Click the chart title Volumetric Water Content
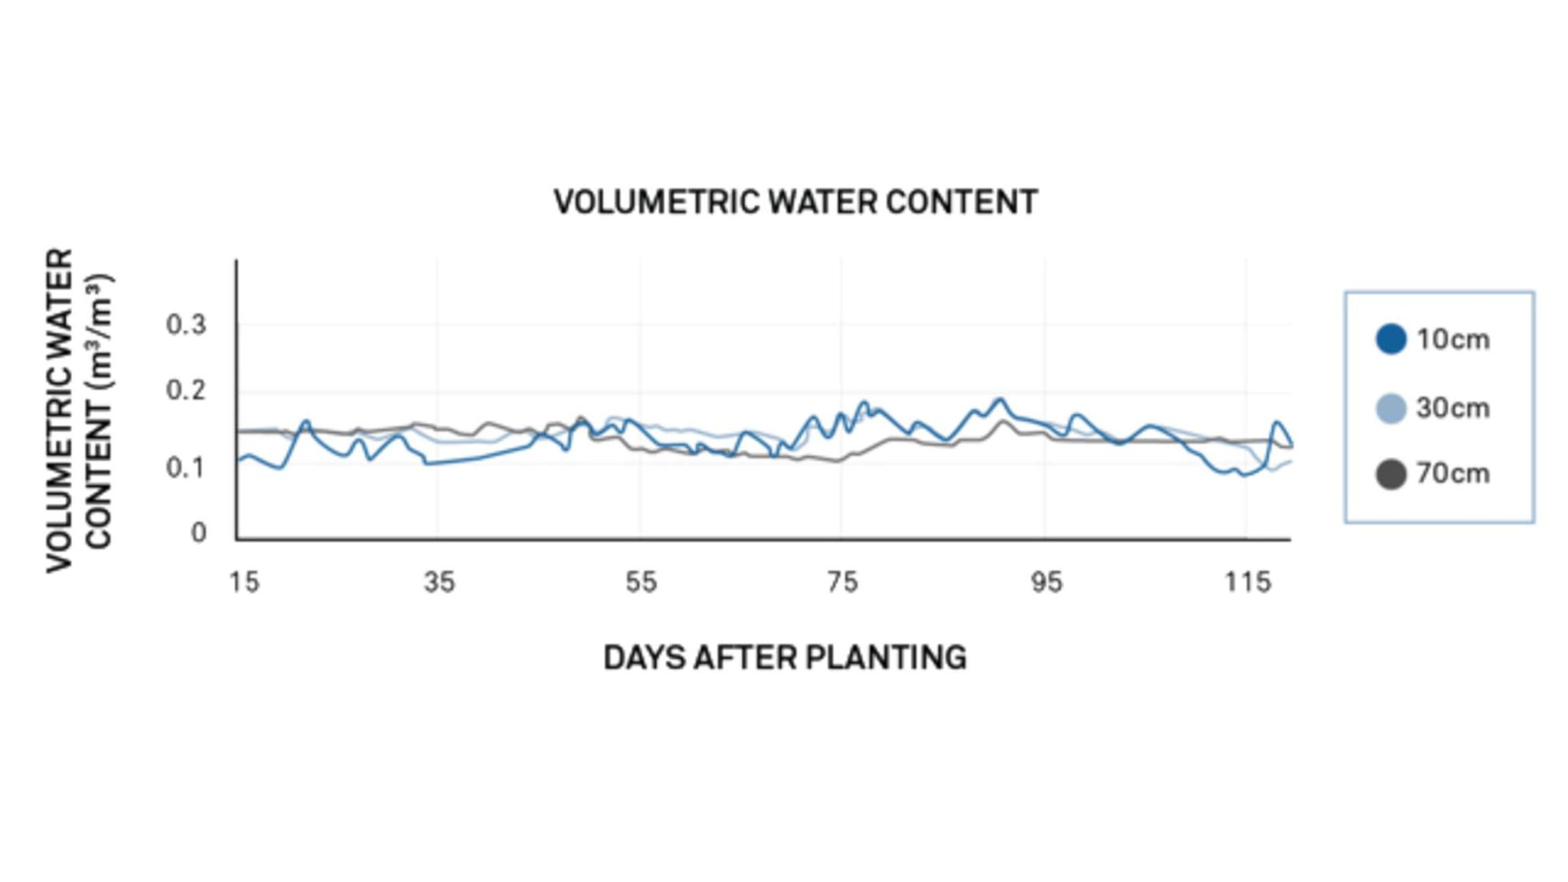[x=795, y=203]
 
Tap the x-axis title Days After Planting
[x=785, y=658]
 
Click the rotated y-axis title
[x=79, y=410]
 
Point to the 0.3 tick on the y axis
[x=186, y=325]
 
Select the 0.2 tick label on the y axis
[x=186, y=391]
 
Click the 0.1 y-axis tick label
[x=186, y=467]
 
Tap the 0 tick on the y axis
[x=198, y=532]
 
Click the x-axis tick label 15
[x=244, y=583]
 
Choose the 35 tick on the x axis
[x=439, y=583]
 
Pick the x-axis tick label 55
[x=641, y=583]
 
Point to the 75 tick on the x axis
[x=842, y=583]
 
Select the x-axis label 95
[x=1046, y=583]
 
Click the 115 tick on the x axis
[x=1248, y=583]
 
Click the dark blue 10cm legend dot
[x=1391, y=339]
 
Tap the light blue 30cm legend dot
[x=1391, y=408]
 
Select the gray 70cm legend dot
[x=1391, y=474]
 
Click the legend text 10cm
[x=1452, y=339]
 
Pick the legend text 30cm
[x=1452, y=408]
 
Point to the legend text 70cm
[x=1452, y=474]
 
